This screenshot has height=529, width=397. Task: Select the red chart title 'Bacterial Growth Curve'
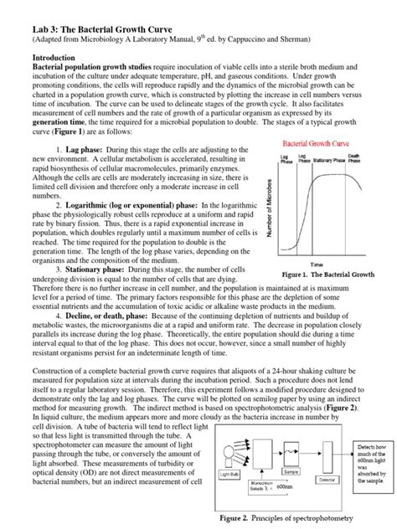click(321, 144)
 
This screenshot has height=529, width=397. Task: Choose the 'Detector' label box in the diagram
click(328, 502)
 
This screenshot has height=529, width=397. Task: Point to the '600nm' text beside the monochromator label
click(284, 510)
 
